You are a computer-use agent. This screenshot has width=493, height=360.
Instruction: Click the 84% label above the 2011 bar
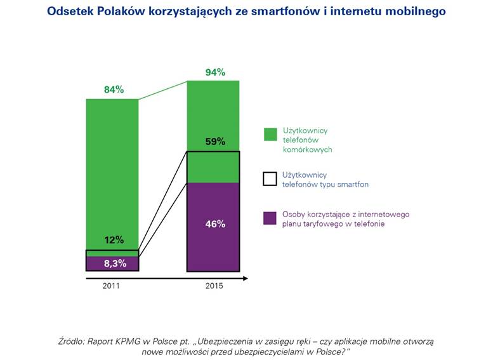pyautogui.click(x=114, y=90)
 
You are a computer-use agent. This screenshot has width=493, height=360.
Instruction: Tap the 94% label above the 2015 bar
pyautogui.click(x=215, y=72)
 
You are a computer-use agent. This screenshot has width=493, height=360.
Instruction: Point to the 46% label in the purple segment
pyautogui.click(x=215, y=224)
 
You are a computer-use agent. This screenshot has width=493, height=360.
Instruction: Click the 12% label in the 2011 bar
pyautogui.click(x=114, y=240)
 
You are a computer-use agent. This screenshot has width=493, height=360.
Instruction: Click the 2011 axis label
pyautogui.click(x=111, y=286)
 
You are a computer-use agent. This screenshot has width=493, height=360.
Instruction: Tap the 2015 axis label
pyautogui.click(x=214, y=286)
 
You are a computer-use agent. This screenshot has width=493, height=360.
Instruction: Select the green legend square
pyautogui.click(x=270, y=134)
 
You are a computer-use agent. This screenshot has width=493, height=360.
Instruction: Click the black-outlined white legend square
pyautogui.click(x=270, y=179)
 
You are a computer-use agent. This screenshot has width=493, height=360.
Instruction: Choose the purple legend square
pyautogui.click(x=270, y=218)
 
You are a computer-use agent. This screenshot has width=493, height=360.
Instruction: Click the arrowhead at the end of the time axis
pyautogui.click(x=246, y=277)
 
